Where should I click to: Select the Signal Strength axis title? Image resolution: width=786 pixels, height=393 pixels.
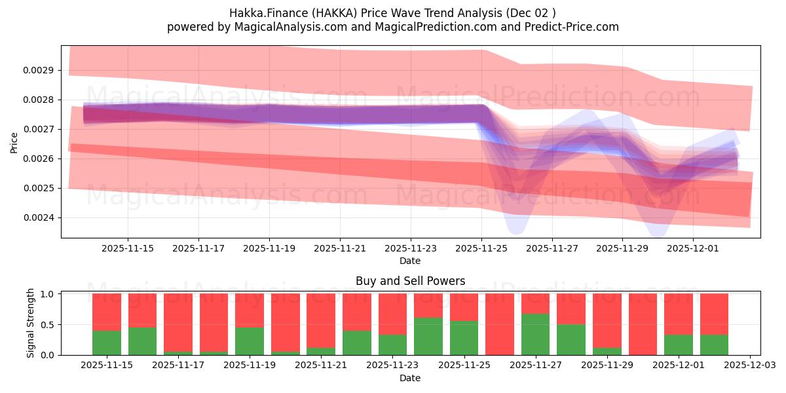[x=31, y=323]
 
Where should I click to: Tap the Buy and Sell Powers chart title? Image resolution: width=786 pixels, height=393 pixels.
[x=410, y=281]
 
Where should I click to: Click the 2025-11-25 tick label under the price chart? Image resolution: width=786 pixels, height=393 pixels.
[x=481, y=248]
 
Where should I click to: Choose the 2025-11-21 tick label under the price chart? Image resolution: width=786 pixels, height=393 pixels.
[x=340, y=248]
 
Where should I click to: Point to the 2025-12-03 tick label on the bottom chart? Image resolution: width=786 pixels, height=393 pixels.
[x=749, y=365]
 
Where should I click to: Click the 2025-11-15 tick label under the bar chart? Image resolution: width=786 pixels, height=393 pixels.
[x=107, y=365]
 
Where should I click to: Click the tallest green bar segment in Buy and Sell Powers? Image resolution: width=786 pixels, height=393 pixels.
[x=535, y=335]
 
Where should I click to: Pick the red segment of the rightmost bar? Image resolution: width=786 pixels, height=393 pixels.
[x=714, y=314]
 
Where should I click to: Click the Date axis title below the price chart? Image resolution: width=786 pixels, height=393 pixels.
[x=410, y=261]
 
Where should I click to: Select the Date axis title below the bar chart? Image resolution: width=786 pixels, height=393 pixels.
[x=410, y=378]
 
